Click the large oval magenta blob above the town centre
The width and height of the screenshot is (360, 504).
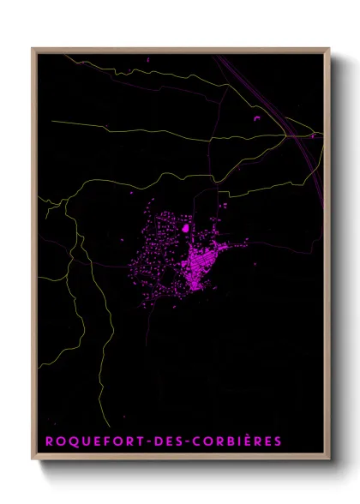point(183,229)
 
